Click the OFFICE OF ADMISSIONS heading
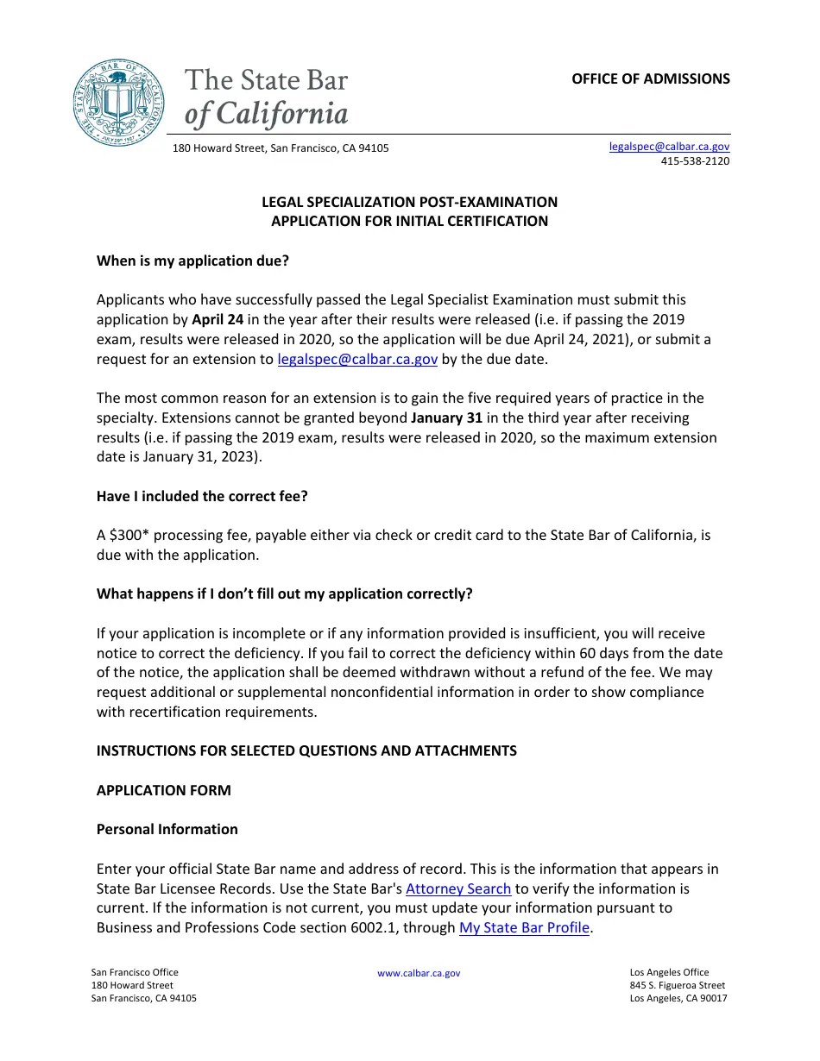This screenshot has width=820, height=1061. pyautogui.click(x=650, y=78)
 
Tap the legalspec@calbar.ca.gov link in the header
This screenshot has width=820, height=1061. pyautogui.click(x=669, y=147)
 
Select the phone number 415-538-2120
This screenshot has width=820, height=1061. pyautogui.click(x=695, y=161)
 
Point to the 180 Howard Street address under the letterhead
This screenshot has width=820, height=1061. pyautogui.click(x=281, y=148)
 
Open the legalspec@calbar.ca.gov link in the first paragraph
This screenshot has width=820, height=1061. pyautogui.click(x=357, y=359)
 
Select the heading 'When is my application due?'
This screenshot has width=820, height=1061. pyautogui.click(x=192, y=261)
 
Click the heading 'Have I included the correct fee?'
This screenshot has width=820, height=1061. pyautogui.click(x=202, y=496)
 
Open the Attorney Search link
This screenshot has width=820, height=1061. pyautogui.click(x=458, y=888)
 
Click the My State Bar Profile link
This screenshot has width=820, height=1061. pyautogui.click(x=524, y=928)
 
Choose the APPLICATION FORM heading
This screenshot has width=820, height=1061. pyautogui.click(x=163, y=790)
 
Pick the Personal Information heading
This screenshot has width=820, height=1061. pyautogui.click(x=167, y=829)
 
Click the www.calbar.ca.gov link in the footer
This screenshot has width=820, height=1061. pyautogui.click(x=419, y=973)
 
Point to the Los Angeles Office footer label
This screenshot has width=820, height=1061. pyautogui.click(x=669, y=972)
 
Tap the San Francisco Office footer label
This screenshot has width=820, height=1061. pyautogui.click(x=135, y=972)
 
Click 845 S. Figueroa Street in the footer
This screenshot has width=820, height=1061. pyautogui.click(x=678, y=985)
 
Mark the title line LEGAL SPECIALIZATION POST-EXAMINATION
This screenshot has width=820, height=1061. pyautogui.click(x=409, y=202)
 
